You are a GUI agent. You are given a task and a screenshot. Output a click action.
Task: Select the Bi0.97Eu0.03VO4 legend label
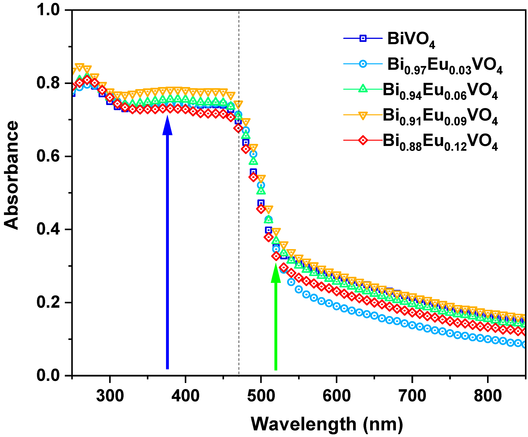pos(445,65)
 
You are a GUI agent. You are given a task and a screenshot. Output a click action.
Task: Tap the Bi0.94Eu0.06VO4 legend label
pos(440,91)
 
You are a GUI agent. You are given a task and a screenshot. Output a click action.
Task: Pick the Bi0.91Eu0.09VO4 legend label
pos(440,116)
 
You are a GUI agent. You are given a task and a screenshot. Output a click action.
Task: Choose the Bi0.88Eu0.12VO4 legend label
pos(440,142)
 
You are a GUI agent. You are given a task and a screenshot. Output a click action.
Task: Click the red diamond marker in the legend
pos(363,140)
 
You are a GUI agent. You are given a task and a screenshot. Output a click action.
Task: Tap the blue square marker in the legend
pos(363,38)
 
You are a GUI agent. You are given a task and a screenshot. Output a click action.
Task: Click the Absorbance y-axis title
pos(12,175)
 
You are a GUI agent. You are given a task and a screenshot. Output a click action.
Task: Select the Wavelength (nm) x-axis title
pos(327,424)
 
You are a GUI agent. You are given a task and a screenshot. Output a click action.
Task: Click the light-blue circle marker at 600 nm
pos(336,306)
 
